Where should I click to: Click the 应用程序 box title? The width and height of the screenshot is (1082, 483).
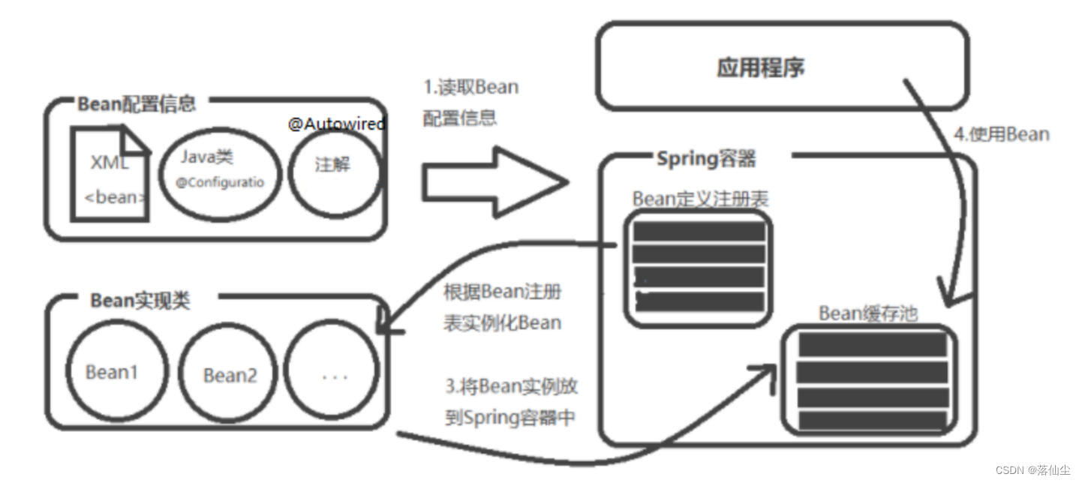coord(761,68)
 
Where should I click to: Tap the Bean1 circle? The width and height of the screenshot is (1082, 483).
coord(112,372)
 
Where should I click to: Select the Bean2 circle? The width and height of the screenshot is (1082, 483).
coord(230,374)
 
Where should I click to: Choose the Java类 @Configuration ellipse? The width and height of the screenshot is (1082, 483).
coord(220,172)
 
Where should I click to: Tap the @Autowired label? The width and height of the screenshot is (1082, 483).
coord(337,124)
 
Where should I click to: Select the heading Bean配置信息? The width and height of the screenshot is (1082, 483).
coord(136,104)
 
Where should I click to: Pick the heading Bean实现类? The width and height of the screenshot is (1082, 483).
coord(140,301)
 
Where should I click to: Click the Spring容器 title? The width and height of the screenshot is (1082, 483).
coord(706,158)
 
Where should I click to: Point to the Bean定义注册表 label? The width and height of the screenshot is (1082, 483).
coord(700,199)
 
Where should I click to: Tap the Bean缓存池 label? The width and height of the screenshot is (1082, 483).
coord(867,313)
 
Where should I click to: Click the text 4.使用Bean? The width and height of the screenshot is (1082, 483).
coord(1001,135)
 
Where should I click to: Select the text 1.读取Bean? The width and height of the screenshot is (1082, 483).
coord(470,87)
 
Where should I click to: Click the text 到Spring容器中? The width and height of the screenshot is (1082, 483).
coord(509,417)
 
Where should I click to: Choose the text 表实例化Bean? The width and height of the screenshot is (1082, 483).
coord(502,322)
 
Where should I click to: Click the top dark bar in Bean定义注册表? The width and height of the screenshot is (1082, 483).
coord(699,231)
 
